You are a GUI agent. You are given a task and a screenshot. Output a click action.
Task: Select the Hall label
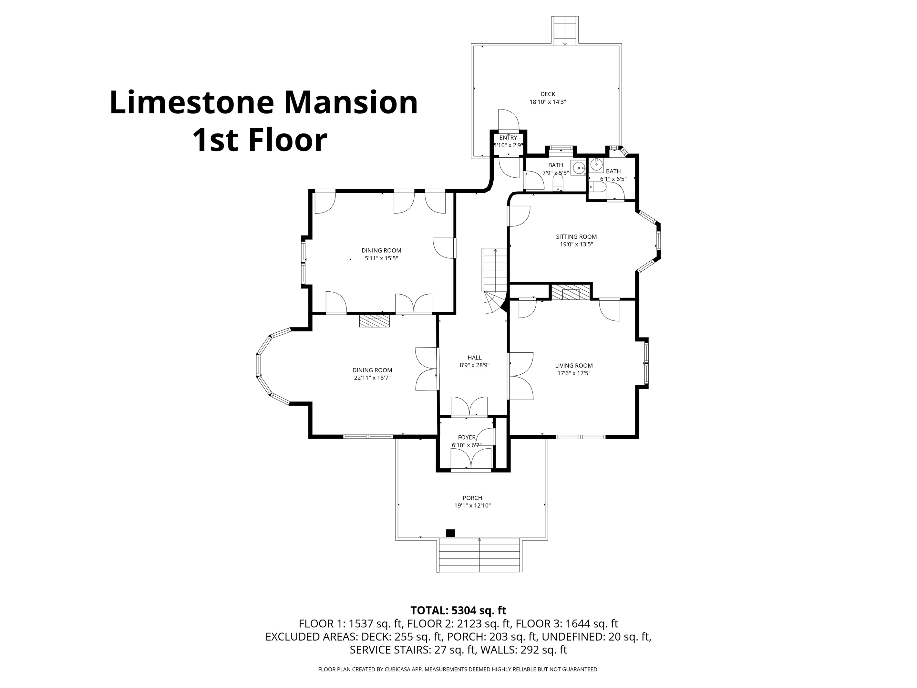click(x=475, y=358)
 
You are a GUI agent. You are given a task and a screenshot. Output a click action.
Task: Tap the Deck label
click(x=548, y=94)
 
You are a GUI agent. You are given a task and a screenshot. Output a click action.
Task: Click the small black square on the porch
click(x=450, y=533)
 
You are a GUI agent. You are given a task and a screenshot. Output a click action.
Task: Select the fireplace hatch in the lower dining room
click(x=375, y=321)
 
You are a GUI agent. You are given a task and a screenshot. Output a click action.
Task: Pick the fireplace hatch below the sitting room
click(x=571, y=292)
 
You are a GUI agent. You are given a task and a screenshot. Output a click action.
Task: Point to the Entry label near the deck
click(x=508, y=138)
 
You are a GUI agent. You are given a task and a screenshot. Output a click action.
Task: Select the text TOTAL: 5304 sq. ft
click(x=458, y=610)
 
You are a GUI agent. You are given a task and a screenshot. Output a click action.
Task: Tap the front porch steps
click(x=479, y=555)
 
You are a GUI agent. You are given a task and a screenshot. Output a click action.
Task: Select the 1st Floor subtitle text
click(x=260, y=140)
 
